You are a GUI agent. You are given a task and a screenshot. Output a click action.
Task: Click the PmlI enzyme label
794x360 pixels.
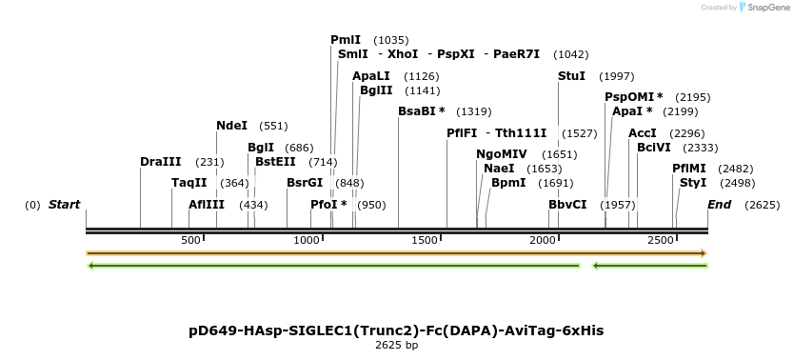(346, 40)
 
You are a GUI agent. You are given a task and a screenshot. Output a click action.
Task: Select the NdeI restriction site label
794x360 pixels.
(231, 126)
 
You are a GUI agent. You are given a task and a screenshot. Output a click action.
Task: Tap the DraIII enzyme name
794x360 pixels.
(160, 162)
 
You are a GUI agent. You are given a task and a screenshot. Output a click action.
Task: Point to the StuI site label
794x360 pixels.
(571, 76)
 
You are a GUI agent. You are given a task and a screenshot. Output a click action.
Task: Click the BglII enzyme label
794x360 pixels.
(375, 90)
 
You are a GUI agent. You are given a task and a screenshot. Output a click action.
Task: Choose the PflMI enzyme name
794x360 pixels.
(689, 169)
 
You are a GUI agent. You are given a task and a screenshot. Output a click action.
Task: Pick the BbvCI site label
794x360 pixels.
(567, 205)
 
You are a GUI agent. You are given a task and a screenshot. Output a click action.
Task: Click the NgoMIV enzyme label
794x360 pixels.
(501, 154)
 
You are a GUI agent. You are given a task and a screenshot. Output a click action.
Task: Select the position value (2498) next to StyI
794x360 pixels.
(737, 183)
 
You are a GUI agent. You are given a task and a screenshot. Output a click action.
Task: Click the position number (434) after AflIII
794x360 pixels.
(253, 205)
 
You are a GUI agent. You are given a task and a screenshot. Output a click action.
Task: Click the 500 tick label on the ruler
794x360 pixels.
(190, 240)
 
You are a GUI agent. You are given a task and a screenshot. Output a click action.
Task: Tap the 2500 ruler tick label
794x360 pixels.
(661, 240)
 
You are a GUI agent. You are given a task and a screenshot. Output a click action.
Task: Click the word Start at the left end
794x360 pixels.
(64, 205)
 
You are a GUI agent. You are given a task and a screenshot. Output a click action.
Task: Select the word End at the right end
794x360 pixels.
(719, 205)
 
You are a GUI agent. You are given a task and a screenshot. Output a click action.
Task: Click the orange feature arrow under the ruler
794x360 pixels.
(396, 253)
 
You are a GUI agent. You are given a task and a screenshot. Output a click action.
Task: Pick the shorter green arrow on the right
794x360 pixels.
(649, 266)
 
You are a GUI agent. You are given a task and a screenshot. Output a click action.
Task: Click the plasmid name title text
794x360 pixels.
(396, 330)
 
